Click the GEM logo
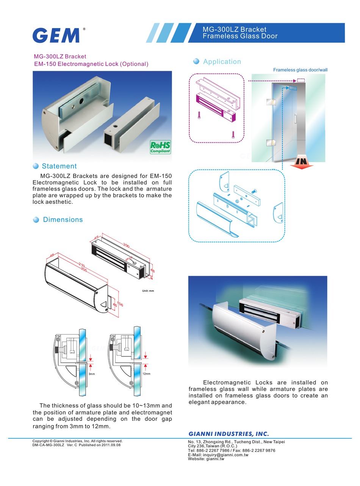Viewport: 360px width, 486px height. coord(56,35)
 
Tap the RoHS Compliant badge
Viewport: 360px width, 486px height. coord(160,147)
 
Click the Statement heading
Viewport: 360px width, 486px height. coord(59,166)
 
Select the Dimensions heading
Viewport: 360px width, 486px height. coord(63,220)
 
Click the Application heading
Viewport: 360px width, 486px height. coord(222,61)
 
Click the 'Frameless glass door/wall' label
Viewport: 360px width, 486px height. coord(300,70)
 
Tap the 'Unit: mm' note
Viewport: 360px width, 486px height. coord(148,291)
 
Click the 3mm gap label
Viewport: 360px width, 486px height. coord(91,374)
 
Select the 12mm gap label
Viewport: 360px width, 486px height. coord(146,374)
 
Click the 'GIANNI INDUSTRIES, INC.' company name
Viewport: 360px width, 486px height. coord(229,434)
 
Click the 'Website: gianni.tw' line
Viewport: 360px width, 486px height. coord(206,459)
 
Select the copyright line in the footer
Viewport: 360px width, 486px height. coord(77,441)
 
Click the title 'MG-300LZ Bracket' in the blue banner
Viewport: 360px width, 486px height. coord(234,29)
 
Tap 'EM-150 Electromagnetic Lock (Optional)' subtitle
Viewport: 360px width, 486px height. coord(91,64)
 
